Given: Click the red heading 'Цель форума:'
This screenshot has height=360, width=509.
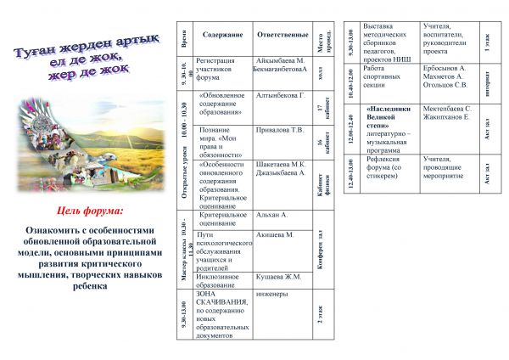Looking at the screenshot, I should coord(89,210).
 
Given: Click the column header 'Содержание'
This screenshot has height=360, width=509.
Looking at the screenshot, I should coord(222,35).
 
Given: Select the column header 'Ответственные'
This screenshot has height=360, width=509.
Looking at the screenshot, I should coord(282,35).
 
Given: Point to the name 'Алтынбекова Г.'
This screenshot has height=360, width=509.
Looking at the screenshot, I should coord(280,95).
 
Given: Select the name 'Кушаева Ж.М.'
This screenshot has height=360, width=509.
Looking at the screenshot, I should coord(279,277).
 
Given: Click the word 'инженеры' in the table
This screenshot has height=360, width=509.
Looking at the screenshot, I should coord(272,295).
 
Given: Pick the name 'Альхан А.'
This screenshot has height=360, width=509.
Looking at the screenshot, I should coord(272,216).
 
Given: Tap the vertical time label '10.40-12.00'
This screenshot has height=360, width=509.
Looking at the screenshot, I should coord(352,83).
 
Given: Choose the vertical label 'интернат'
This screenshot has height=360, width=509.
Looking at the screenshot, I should coord(487,83).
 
